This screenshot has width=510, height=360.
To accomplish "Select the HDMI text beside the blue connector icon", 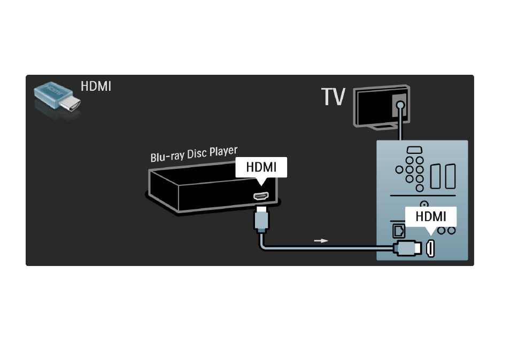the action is [96, 87].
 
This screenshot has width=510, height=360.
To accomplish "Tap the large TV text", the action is [333, 97].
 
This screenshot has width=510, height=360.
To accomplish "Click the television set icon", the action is [382, 107].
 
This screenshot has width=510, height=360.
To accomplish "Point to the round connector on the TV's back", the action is [401, 105].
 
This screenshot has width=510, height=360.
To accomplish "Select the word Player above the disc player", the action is [223, 151].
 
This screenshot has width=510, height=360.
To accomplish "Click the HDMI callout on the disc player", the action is [261, 167].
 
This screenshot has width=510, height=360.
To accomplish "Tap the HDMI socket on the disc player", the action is [261, 196].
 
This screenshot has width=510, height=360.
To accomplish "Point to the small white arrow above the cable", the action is [321, 241].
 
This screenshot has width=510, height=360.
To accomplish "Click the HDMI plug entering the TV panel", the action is [407, 248].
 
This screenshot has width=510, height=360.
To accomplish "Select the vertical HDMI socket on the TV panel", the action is [430, 248].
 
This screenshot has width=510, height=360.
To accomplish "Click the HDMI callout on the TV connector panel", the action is [431, 217].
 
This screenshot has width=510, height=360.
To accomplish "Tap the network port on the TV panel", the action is [399, 231].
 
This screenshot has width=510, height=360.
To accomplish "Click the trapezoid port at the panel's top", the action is [414, 150].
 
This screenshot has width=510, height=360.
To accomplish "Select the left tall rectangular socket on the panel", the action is [435, 176].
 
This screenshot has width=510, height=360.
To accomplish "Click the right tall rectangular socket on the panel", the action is [451, 176].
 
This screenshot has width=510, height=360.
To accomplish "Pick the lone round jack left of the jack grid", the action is [399, 170].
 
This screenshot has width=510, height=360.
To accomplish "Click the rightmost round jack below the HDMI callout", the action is [451, 230].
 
